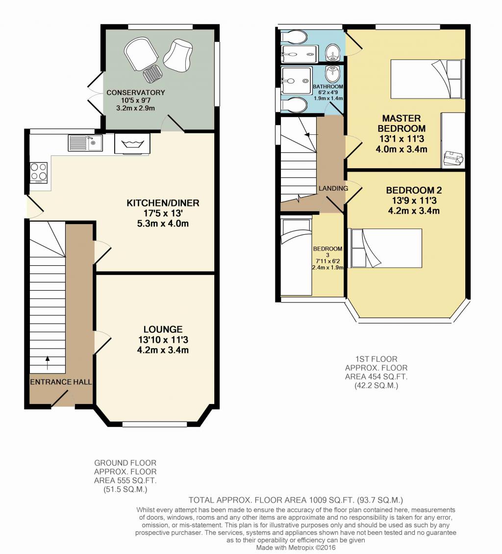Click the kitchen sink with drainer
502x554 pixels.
tap(85, 143)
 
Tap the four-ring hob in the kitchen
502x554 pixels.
tap(39, 172)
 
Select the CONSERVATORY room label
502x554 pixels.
tap(136, 93)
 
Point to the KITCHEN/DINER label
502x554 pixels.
tap(163, 203)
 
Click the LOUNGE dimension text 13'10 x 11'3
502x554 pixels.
tap(163, 340)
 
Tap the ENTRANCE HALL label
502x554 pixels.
tap(61, 382)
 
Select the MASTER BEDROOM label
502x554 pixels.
tap(402, 124)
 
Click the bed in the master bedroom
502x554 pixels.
tap(428, 79)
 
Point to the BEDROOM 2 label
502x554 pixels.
tap(414, 190)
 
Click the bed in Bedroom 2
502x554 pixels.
tap(385, 248)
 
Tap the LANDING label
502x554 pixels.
tap(333, 188)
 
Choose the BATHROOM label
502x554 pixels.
tap(328, 87)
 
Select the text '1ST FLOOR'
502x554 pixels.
tap(376, 359)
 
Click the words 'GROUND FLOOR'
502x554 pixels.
tap(125, 463)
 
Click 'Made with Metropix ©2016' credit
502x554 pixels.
tap(296, 548)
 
